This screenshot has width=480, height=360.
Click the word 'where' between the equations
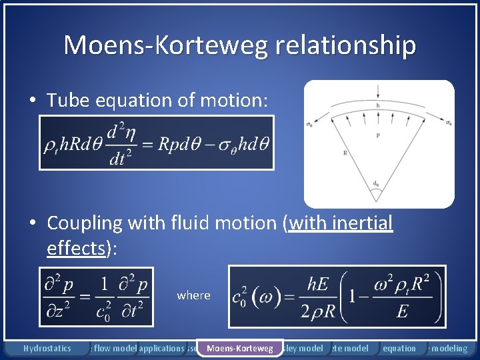point(193,295)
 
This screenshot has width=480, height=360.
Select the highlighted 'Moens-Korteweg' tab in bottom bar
point(240,348)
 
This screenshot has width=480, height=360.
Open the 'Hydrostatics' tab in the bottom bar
point(47,348)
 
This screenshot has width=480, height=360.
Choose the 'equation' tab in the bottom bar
point(399,348)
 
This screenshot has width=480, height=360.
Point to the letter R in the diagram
point(345,153)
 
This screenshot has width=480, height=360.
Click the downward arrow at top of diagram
point(378,90)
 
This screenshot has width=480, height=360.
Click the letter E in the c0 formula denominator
point(401,313)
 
